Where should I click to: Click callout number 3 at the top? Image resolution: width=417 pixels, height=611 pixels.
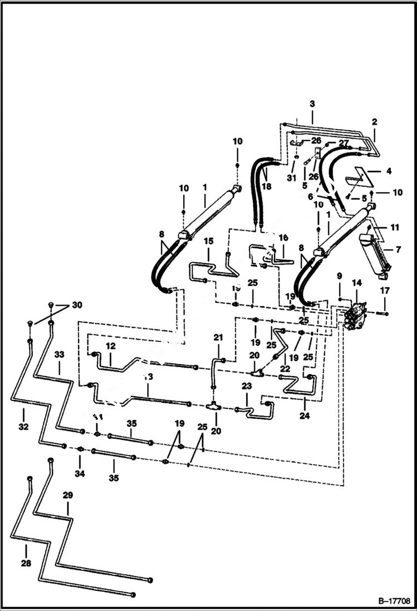(312, 104)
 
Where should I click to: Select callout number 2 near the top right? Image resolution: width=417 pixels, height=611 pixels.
(374, 121)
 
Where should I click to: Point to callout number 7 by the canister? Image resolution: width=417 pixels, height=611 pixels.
(398, 250)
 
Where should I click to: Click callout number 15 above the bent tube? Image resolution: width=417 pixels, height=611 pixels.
(209, 242)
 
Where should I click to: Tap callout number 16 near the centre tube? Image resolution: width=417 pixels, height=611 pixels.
(283, 238)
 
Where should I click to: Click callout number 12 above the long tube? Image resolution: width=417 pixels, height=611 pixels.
(111, 346)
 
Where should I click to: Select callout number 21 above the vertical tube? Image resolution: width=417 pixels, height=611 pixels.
(218, 337)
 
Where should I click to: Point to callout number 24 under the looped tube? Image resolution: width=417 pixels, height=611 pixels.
(305, 415)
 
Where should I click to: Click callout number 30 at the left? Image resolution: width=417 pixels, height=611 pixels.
(77, 305)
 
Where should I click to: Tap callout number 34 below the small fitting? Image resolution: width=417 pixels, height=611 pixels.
(80, 473)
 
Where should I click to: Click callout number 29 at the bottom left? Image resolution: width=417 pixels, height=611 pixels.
(67, 495)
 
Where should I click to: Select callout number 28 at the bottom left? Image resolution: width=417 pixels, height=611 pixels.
(26, 563)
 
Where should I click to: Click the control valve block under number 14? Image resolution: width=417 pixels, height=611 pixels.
(356, 315)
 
